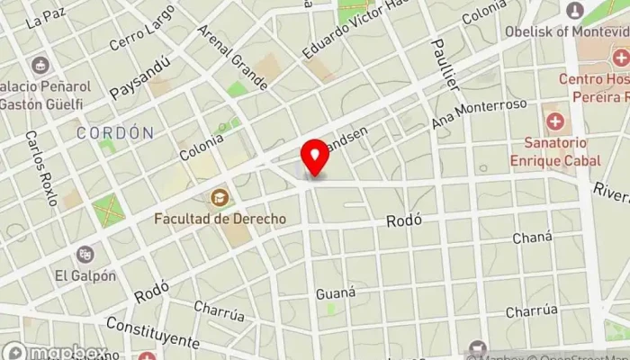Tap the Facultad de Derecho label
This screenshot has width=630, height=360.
[220, 218]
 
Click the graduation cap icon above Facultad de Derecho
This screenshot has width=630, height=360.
[219, 197]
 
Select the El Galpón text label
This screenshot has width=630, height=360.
[85, 275]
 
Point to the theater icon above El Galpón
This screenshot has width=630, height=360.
[85, 255]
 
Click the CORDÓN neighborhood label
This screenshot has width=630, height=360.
[114, 132]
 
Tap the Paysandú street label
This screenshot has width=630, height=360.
[139, 80]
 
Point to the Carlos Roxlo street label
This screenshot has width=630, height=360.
[41, 167]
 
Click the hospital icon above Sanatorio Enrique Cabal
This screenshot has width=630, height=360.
[555, 121]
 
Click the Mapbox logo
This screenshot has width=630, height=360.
[54, 352]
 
